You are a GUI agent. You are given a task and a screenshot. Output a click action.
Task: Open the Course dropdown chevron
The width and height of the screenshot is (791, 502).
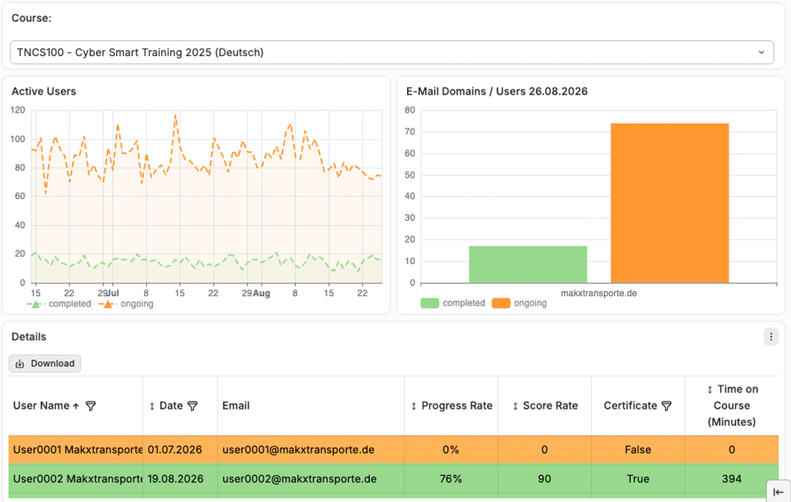(x=761, y=52)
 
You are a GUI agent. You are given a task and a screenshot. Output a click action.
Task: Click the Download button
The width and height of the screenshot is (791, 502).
(x=45, y=364)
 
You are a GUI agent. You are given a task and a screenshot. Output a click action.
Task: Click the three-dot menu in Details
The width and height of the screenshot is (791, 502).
(x=771, y=336)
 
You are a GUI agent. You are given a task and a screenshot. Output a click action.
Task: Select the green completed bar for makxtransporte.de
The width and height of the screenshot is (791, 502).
(x=528, y=264)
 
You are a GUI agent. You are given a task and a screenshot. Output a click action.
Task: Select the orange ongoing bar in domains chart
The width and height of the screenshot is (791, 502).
(x=669, y=203)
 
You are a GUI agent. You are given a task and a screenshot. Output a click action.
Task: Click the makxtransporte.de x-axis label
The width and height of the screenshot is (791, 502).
(x=599, y=293)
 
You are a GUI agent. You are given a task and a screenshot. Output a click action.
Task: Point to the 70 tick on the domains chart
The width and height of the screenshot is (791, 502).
(x=409, y=132)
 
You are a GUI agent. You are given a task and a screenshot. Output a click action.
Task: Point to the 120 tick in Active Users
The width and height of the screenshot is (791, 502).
(x=18, y=110)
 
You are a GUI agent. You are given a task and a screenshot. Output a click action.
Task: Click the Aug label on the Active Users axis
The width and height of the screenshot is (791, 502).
(x=262, y=293)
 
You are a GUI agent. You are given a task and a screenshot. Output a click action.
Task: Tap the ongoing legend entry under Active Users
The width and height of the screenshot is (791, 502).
(x=126, y=304)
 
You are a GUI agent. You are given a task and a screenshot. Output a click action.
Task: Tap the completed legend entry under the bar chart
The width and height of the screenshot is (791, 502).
(x=453, y=303)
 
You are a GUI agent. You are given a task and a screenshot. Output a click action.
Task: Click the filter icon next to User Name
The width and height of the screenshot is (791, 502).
(x=91, y=406)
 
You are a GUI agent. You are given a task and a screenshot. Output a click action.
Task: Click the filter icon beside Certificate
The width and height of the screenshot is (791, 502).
(x=666, y=406)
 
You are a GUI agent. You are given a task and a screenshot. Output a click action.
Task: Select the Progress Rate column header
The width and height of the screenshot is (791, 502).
(x=452, y=406)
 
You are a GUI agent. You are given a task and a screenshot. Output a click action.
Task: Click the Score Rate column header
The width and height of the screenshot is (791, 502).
(x=545, y=406)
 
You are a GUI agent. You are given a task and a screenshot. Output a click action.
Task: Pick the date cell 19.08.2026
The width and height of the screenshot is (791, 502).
(x=175, y=479)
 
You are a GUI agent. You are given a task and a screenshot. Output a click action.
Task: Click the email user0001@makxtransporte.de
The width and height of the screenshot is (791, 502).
(x=298, y=450)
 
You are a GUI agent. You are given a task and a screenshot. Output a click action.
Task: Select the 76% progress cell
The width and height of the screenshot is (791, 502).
(x=450, y=479)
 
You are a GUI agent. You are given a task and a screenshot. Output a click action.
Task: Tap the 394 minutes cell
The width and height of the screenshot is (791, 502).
(x=731, y=479)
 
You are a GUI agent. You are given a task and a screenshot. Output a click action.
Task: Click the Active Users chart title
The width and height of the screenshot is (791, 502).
(x=44, y=91)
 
